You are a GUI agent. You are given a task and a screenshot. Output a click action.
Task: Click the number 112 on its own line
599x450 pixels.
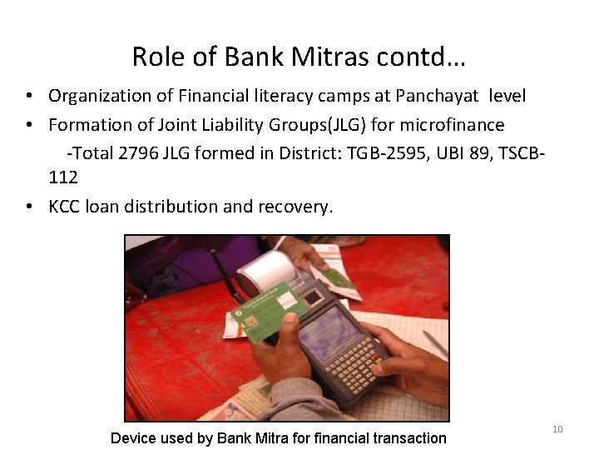point(63,177)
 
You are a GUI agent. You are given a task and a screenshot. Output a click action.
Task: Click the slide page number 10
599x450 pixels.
point(557,429)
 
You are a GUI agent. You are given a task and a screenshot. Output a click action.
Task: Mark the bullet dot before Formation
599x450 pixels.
point(28,125)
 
